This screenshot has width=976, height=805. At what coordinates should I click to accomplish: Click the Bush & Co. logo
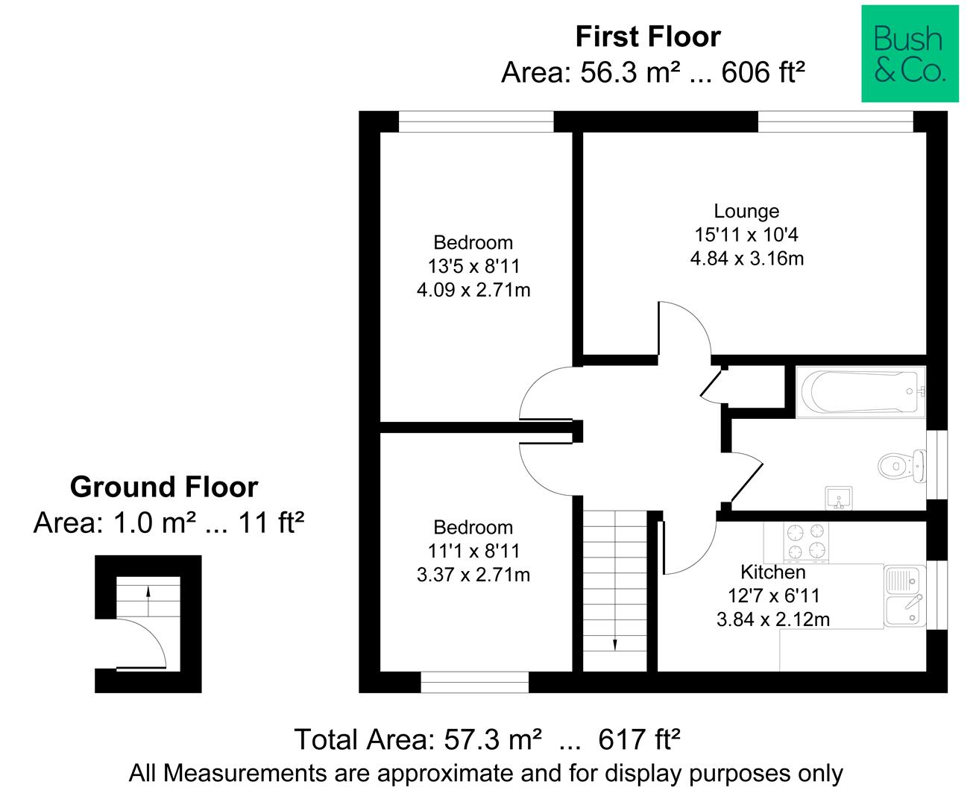[910, 53]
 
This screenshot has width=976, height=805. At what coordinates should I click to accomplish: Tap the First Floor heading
[648, 37]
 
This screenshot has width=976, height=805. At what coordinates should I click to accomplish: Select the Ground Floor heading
[163, 487]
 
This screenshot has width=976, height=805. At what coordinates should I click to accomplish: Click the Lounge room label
[746, 211]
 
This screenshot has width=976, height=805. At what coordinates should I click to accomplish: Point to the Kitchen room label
[773, 572]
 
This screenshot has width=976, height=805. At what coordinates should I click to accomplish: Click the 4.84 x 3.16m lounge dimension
[746, 259]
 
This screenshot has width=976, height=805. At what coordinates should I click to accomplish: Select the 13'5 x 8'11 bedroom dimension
[473, 266]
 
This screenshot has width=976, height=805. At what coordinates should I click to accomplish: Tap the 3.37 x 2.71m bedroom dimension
[473, 575]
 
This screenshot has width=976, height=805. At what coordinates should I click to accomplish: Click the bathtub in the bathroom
[860, 391]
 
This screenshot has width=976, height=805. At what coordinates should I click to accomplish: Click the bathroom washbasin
[839, 498]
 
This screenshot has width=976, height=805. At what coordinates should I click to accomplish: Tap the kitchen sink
[905, 596]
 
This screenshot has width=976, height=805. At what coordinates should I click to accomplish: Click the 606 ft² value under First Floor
[763, 73]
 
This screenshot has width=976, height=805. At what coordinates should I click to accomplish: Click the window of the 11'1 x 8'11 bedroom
[474, 682]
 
